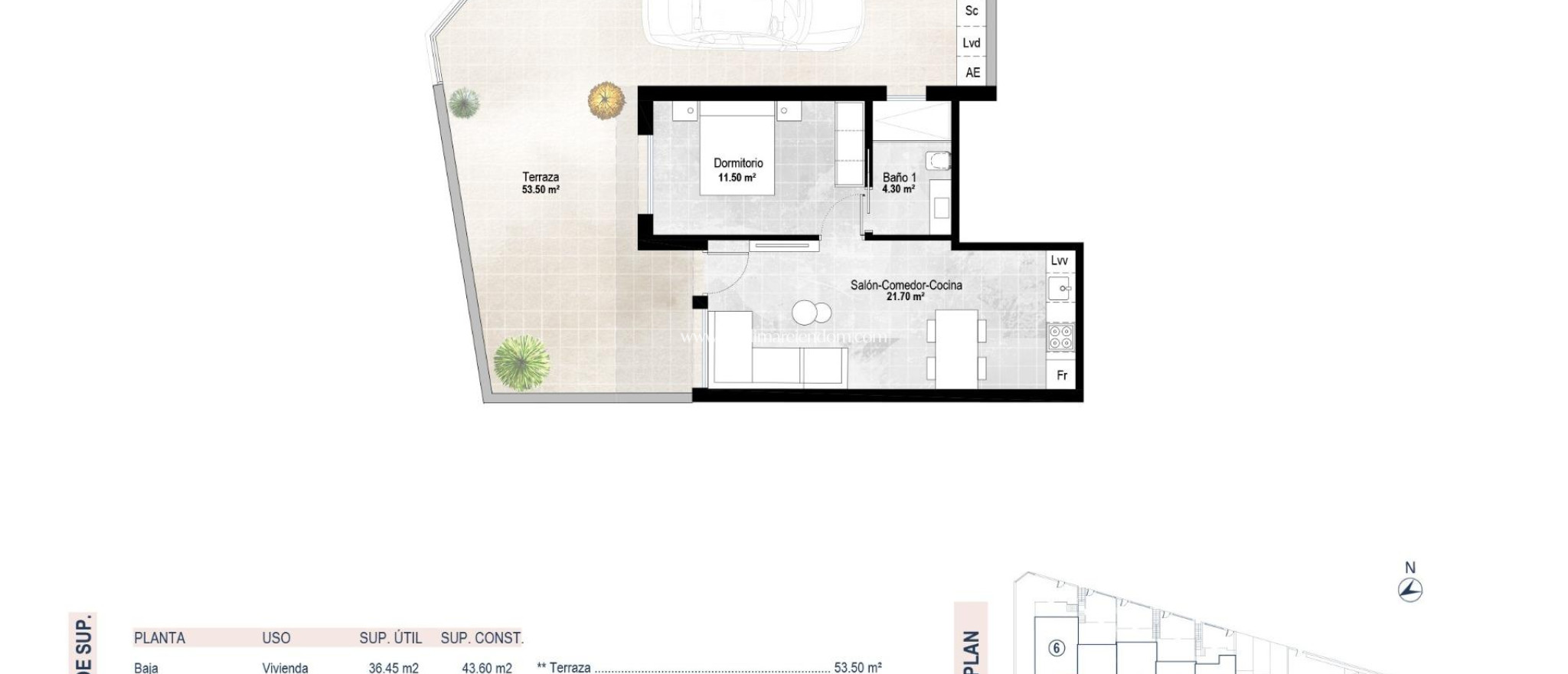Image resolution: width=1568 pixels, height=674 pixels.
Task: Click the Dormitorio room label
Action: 738,163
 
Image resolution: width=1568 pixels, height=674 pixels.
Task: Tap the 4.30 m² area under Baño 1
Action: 898,189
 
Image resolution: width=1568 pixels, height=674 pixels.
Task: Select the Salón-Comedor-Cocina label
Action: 906,285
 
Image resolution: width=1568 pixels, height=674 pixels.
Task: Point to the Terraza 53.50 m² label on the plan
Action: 541,183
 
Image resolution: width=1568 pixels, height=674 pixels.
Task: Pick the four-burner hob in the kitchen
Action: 1060,337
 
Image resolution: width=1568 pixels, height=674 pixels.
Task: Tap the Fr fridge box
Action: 1061,375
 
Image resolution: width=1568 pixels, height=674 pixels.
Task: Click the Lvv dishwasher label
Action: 1059,260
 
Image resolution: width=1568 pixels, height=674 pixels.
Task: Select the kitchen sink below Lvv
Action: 1060,290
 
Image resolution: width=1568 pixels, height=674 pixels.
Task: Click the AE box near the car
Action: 972,73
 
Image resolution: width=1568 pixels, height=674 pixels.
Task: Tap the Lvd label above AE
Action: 971,43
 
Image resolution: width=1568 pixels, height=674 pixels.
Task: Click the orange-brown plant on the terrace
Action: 606,100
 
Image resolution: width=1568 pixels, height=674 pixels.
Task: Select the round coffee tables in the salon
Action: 811,312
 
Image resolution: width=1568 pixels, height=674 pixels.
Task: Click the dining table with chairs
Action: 956,348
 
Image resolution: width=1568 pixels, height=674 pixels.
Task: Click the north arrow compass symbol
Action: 1410,590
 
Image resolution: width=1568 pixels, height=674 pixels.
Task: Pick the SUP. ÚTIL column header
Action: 390,638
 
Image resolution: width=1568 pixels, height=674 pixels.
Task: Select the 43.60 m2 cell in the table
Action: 486,668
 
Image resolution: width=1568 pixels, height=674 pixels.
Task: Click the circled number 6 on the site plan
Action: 1057,649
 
